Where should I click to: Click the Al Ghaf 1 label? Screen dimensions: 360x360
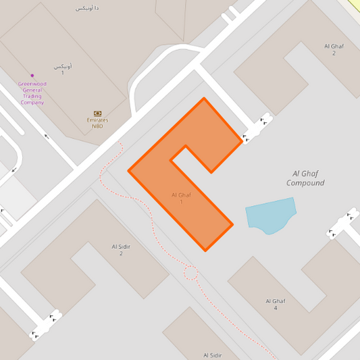click(181, 199)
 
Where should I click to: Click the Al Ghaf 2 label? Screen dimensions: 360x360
click(334, 49)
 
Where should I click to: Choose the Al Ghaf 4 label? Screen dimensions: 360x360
click(276, 304)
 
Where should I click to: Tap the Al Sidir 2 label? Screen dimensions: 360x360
click(121, 250)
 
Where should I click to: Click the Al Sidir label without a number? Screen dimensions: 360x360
click(213, 355)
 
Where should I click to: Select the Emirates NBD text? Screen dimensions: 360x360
click(97, 123)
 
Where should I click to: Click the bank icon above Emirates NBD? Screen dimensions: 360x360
click(97, 113)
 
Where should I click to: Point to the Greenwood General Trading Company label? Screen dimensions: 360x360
click(32, 93)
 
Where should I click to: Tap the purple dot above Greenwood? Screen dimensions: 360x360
click(32, 75)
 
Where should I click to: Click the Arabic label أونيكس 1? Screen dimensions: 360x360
click(62, 69)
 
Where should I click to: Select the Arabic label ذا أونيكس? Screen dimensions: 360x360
click(86, 8)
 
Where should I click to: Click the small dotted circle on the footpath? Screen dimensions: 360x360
click(190, 273)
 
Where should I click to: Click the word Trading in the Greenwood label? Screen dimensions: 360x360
click(32, 96)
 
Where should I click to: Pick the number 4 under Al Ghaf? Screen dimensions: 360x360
click(276, 308)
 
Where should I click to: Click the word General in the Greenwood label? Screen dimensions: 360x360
click(32, 90)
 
